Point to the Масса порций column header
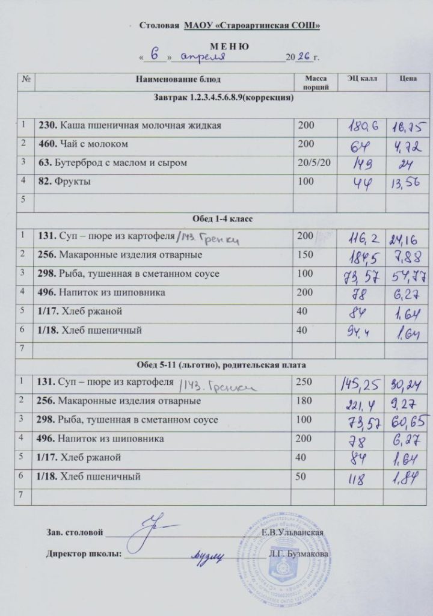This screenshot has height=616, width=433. pyautogui.click(x=315, y=83)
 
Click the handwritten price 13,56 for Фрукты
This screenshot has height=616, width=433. pyautogui.click(x=404, y=184)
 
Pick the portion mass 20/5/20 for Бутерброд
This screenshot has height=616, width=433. pyautogui.click(x=313, y=163)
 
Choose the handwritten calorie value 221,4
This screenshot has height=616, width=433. pyautogui.click(x=360, y=402)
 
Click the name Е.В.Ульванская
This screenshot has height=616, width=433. pyautogui.click(x=293, y=533)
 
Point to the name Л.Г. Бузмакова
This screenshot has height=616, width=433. pyautogui.click(x=301, y=553)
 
